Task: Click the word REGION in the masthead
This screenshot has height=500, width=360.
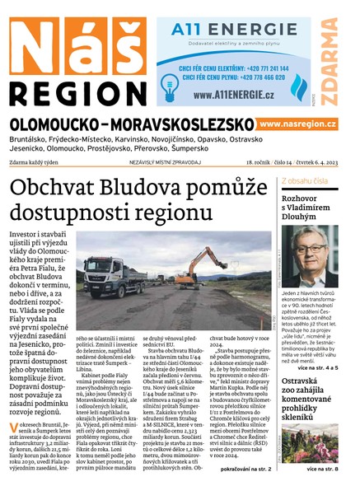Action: [76, 91]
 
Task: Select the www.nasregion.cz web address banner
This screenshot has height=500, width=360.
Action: [297, 124]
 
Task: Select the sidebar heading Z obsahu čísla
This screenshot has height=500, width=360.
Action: [306, 179]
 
